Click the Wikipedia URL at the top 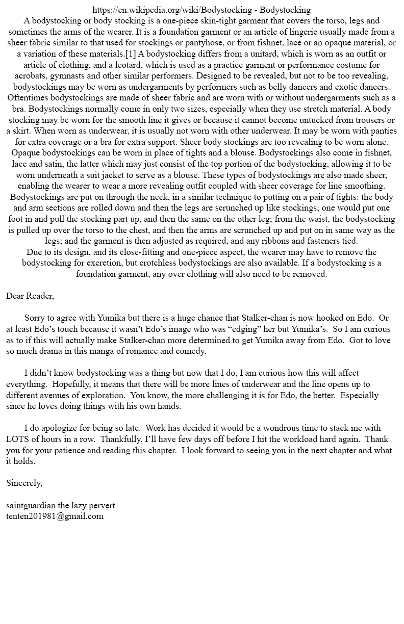pyautogui.click(x=173, y=10)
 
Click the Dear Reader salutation pyautogui.click(x=30, y=296)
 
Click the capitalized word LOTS pyautogui.click(x=18, y=439)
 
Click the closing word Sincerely pyautogui.click(x=24, y=483)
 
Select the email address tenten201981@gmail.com pyautogui.click(x=55, y=516)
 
